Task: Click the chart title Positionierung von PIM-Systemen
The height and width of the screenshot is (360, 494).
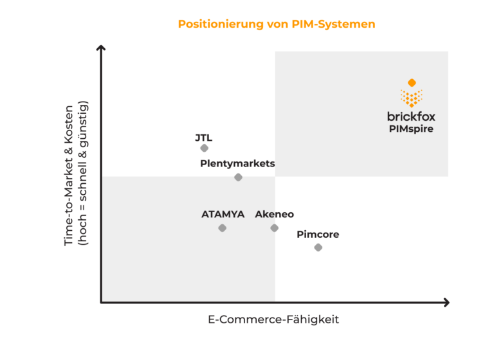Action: click(x=276, y=24)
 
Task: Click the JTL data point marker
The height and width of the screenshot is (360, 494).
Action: click(x=205, y=148)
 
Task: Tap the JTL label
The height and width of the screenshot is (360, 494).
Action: click(x=203, y=138)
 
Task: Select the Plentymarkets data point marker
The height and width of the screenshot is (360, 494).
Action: click(x=238, y=177)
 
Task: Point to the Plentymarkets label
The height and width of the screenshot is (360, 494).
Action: click(x=237, y=163)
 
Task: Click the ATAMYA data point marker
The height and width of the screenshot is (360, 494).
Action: click(x=222, y=228)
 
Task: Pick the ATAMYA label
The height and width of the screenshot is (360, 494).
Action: click(x=223, y=214)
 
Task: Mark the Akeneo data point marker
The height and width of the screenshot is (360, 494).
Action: click(x=275, y=228)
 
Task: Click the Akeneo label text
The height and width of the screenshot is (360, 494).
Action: click(x=275, y=214)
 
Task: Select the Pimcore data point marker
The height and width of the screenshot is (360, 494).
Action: click(x=318, y=248)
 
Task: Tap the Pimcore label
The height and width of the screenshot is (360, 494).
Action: click(x=318, y=235)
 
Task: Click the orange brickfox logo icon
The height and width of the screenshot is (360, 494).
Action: click(x=412, y=94)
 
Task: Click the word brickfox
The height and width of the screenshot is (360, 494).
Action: click(x=411, y=117)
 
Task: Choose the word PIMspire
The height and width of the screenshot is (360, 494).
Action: click(x=411, y=129)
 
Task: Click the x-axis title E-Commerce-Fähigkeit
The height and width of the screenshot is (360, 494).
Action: click(x=274, y=319)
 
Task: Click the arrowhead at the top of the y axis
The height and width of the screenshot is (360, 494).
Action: click(x=101, y=47)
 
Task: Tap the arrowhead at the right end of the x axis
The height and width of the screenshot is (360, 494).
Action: click(x=446, y=302)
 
